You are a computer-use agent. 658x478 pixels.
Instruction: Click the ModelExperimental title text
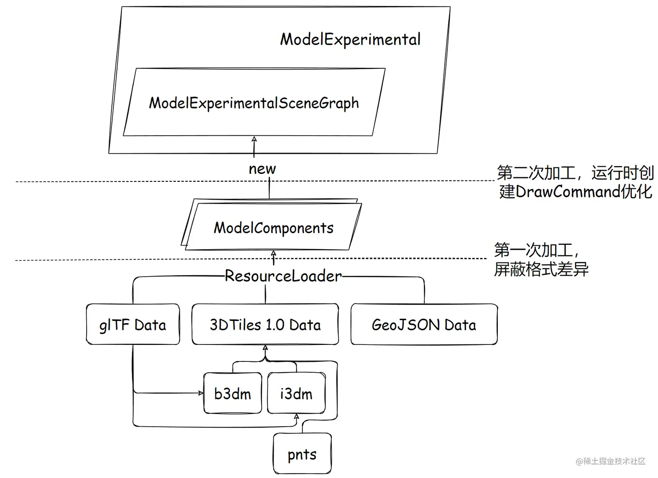[x=350, y=40]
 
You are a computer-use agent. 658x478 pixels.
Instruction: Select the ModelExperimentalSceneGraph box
[x=254, y=103]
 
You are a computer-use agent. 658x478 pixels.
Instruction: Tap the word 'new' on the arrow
[x=262, y=169]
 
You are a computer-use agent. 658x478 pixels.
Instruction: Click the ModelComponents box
[x=273, y=228]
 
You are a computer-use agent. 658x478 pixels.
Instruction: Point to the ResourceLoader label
[x=283, y=276]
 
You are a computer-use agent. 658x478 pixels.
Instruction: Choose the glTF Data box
[x=133, y=324]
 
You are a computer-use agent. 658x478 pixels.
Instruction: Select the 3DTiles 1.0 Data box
[x=265, y=324]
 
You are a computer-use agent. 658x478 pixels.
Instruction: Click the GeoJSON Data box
[x=423, y=324]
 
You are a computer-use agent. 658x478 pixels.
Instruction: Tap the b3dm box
[x=233, y=394]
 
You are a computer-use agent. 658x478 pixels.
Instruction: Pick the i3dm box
[x=296, y=394]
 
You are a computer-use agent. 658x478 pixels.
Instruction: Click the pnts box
[x=302, y=454]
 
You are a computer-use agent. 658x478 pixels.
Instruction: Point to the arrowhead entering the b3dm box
[x=201, y=393]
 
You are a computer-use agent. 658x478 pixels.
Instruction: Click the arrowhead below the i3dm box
[x=296, y=417]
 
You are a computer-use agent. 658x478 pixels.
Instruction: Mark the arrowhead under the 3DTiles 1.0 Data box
[x=265, y=348]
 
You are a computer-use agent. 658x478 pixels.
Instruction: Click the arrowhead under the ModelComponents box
[x=273, y=254]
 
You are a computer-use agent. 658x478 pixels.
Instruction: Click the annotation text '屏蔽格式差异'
[x=541, y=270]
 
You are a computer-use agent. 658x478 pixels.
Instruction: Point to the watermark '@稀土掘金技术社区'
[x=610, y=461]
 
